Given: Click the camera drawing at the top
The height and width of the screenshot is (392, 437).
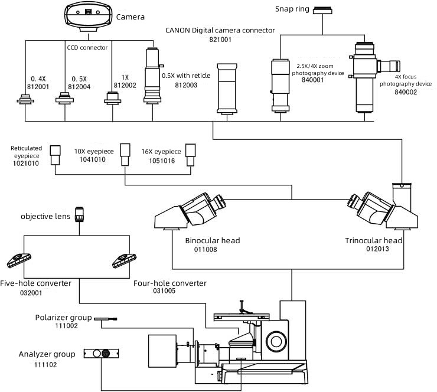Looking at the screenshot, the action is pyautogui.click(x=89, y=16).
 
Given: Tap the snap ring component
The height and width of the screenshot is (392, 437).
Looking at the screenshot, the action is pyautogui.click(x=322, y=10).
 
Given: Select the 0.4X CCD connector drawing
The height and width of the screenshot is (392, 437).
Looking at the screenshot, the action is pyautogui.click(x=25, y=99).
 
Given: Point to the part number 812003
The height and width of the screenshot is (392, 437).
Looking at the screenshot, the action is pyautogui.click(x=186, y=85).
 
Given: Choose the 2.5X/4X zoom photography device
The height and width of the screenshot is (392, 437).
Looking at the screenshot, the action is pyautogui.click(x=281, y=86).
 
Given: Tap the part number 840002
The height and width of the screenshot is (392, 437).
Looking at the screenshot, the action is pyautogui.click(x=406, y=92).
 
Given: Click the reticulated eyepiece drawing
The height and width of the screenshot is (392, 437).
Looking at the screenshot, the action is pyautogui.click(x=55, y=155).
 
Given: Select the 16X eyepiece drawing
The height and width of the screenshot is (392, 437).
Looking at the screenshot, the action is pyautogui.click(x=191, y=155).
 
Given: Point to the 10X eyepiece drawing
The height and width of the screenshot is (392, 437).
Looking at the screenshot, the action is pyautogui.click(x=125, y=155).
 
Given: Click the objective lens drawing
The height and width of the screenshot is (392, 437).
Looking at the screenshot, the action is pyautogui.click(x=80, y=214).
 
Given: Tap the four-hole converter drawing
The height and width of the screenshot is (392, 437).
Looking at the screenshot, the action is pyautogui.click(x=124, y=260).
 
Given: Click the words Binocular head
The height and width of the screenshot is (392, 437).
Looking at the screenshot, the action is pyautogui.click(x=213, y=240).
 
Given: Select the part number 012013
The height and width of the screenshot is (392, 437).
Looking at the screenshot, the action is pyautogui.click(x=377, y=249).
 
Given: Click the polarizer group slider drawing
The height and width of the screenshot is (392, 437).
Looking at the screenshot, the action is pyautogui.click(x=105, y=319).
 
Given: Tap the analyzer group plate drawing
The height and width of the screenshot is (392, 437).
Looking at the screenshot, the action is pyautogui.click(x=101, y=354).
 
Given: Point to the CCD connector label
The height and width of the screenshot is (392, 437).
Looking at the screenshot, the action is pyautogui.click(x=87, y=48).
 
